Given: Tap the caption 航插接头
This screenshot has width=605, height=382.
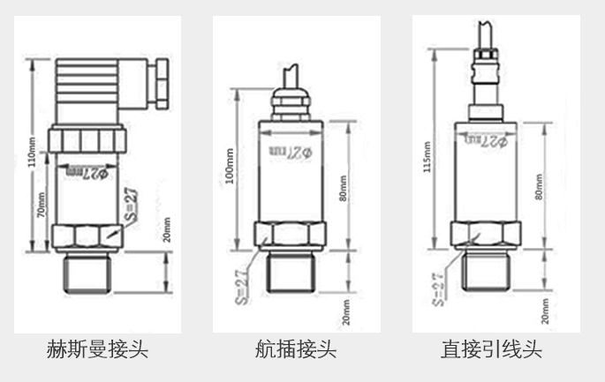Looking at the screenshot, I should (x=295, y=349).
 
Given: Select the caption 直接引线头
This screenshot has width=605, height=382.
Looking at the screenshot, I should (x=492, y=349).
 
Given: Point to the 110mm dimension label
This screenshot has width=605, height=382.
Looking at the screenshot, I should (x=33, y=151).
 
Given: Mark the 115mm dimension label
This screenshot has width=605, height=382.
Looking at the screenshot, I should (x=427, y=156).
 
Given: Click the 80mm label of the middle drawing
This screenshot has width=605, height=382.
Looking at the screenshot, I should (x=344, y=186).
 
